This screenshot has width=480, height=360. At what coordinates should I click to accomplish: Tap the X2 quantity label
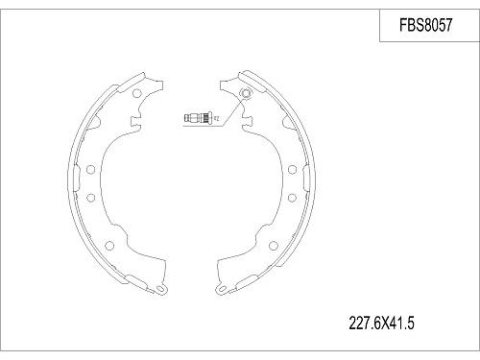click(216, 119)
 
